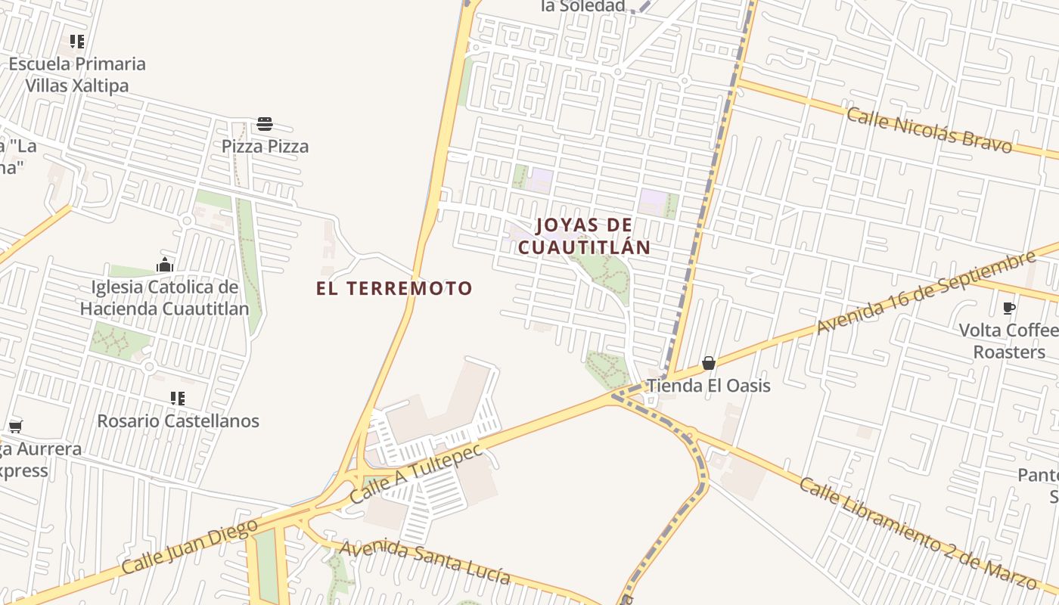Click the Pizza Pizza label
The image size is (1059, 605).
tap(265, 146)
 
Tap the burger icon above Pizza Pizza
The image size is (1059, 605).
tap(265, 124)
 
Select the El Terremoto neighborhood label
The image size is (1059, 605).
tap(394, 288)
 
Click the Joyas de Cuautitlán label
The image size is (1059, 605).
tap(584, 236)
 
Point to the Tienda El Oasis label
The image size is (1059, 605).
tap(708, 386)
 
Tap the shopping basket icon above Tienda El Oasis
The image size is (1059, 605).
tap(709, 364)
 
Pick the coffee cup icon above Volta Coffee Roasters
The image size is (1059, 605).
tap(1008, 308)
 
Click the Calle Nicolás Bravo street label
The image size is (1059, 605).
tap(928, 130)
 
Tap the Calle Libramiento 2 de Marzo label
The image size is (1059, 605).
tap(916, 532)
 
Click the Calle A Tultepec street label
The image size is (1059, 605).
tap(416, 474)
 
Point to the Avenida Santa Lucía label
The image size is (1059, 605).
tap(424, 562)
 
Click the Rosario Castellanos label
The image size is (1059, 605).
tap(178, 421)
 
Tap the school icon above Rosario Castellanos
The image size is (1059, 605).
tap(178, 399)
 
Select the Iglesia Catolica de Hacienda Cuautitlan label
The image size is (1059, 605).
tap(164, 298)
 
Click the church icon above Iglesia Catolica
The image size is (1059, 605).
tap(165, 265)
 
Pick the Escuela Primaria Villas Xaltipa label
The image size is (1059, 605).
tap(77, 74)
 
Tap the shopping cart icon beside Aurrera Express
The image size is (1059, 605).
tap(15, 427)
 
